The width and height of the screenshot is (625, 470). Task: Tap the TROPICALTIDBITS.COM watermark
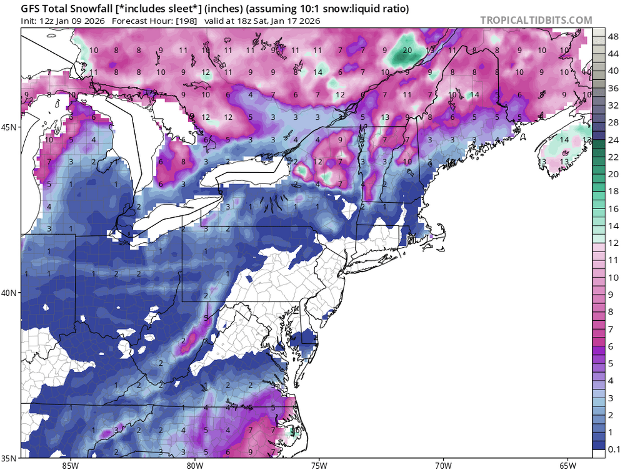pos(536,20)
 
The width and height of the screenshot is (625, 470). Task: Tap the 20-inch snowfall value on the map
pos(407,51)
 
